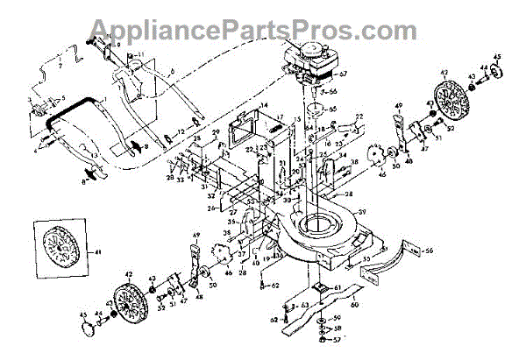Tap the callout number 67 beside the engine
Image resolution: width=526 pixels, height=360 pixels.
tap(345, 76)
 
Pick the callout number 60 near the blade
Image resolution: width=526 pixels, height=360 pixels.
tap(353, 307)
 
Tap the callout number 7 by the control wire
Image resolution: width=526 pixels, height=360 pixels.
tap(60, 67)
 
